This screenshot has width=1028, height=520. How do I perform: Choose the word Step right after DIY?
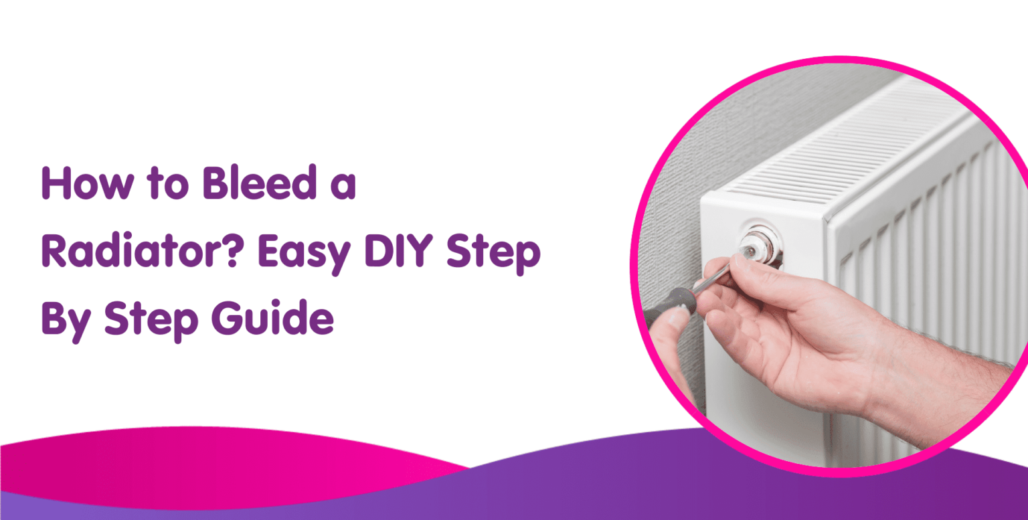coord(493,254)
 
